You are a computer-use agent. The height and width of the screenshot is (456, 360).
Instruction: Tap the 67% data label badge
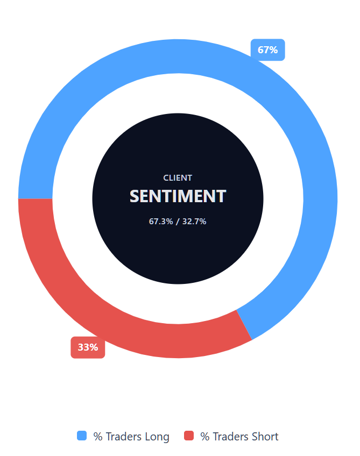(267, 50)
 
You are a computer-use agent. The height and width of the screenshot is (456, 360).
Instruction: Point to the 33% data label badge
(88, 347)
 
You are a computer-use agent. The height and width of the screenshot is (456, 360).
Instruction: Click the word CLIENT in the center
(178, 178)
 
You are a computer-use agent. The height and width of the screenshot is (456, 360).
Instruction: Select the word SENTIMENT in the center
(178, 196)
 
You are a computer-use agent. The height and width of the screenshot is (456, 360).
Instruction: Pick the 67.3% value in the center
(161, 221)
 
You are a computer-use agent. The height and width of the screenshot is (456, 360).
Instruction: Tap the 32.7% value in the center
(194, 221)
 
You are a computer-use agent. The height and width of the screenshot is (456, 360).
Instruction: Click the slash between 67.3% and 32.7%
(178, 221)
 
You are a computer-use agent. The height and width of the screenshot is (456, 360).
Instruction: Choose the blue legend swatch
(82, 436)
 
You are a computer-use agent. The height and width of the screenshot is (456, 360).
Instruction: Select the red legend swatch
(189, 436)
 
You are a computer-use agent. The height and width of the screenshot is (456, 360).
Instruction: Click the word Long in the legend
(157, 437)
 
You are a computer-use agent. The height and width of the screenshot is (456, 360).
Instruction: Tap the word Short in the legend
(265, 437)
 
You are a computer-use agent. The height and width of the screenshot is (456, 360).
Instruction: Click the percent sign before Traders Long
(98, 437)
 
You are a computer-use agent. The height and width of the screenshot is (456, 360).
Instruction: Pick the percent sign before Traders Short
(205, 437)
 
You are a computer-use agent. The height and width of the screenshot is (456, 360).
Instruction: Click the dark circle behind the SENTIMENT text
(178, 253)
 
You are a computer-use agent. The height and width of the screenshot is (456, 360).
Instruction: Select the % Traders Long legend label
(131, 437)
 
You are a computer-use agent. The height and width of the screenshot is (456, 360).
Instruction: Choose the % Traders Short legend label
(239, 437)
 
